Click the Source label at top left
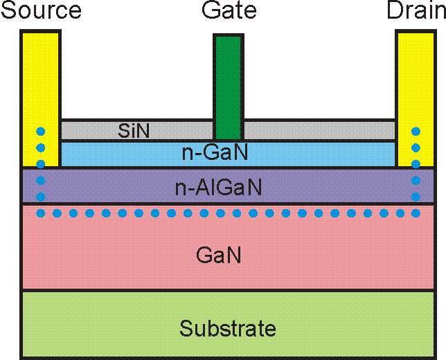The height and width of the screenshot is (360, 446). [42, 11]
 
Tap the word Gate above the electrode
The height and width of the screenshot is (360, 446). [229, 11]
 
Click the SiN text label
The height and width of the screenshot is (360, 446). [134, 130]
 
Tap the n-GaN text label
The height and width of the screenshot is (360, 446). [220, 153]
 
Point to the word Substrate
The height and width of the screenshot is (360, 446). [227, 327]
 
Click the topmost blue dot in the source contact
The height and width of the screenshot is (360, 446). [41, 131]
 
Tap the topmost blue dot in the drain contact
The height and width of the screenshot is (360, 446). [416, 131]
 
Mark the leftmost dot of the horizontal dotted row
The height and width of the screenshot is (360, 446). [41, 213]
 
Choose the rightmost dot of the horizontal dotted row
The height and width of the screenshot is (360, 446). [416, 213]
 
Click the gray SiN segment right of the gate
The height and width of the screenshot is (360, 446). [319, 129]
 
